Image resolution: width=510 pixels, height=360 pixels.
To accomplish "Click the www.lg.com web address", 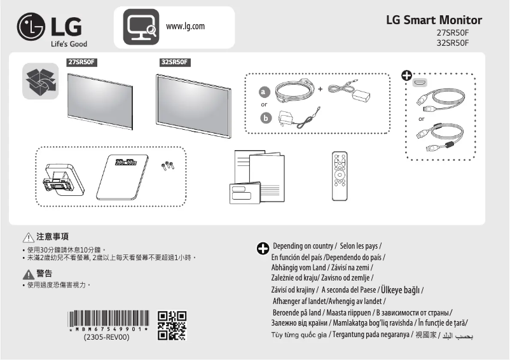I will pyautogui.click(x=185, y=26).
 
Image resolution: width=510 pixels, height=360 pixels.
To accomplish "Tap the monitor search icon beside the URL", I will pyautogui.click(x=139, y=27).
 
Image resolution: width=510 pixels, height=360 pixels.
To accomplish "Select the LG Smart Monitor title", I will pyautogui.click(x=434, y=20).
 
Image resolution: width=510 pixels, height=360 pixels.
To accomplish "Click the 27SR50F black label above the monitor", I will pyautogui.click(x=81, y=62).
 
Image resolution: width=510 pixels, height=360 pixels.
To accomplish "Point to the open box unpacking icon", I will pyautogui.click(x=40, y=81).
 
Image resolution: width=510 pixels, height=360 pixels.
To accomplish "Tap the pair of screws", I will pyautogui.click(x=168, y=165).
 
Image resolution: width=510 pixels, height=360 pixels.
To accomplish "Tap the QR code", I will pyautogui.click(x=172, y=325).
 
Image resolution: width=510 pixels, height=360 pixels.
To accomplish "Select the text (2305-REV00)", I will pyautogui.click(x=107, y=338).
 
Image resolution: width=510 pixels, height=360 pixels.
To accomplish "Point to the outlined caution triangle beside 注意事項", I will pyautogui.click(x=27, y=237).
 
